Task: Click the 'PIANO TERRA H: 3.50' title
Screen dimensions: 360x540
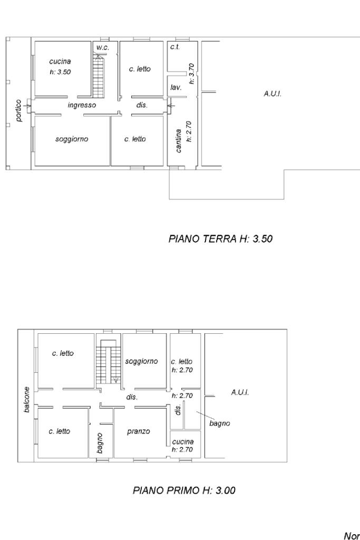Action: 220,239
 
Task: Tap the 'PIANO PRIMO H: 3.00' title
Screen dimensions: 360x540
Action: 184,490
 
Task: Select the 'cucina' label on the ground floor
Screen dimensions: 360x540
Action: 60,62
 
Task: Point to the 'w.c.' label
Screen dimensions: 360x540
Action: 103,47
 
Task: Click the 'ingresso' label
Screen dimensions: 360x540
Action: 82,105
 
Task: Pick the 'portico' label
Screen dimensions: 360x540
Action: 19,111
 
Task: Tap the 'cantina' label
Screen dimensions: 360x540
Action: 178,140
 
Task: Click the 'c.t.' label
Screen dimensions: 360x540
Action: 175,47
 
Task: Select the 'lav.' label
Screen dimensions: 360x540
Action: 176,88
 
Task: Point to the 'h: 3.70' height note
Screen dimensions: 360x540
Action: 192,73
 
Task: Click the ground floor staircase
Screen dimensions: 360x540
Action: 98,76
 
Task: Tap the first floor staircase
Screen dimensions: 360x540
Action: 109,361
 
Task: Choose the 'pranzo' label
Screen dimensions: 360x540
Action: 138,431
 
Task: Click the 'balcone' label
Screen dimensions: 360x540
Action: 26,400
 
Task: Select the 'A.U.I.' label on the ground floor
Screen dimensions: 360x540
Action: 273,94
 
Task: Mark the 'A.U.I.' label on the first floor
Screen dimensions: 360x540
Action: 240,392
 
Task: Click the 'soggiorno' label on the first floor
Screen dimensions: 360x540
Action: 141,361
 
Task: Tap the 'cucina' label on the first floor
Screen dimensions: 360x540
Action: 183,441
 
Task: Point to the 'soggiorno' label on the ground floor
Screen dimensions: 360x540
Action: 72,139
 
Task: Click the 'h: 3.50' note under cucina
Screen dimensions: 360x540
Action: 60,72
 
